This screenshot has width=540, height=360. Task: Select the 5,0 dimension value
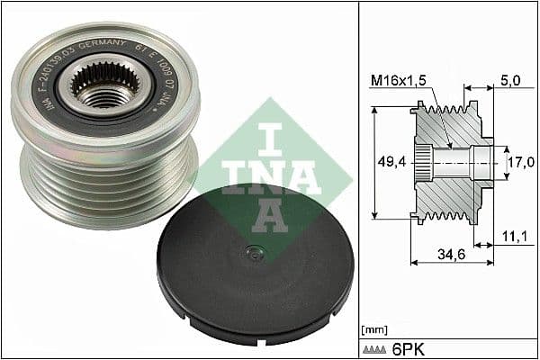click(x=509, y=80)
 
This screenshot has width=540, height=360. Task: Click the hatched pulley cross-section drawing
click(x=450, y=162)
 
